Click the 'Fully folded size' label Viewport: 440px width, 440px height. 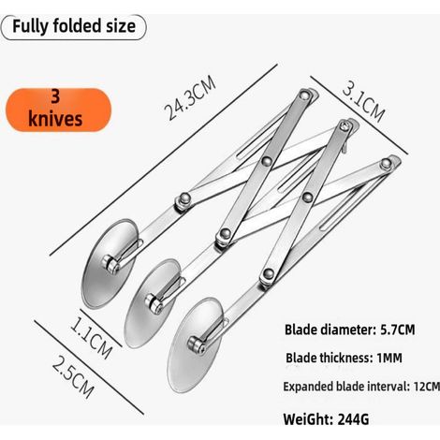click(74, 26)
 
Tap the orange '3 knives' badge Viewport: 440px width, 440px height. click(58, 110)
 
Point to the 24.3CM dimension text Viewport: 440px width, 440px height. click(190, 97)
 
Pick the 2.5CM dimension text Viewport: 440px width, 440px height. click(73, 377)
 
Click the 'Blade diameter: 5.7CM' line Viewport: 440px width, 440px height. click(350, 330)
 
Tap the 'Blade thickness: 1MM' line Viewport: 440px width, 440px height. click(344, 358)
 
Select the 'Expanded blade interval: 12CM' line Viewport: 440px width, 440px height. click(361, 387)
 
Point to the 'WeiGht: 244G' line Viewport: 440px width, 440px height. click(326, 419)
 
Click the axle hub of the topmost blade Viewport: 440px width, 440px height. click(110, 265)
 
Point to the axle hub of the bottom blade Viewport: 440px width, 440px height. click(197, 345)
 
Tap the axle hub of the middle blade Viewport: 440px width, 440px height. click(154, 303)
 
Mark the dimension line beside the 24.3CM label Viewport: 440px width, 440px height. click(164, 160)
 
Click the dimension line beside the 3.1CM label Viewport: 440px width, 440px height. click(359, 114)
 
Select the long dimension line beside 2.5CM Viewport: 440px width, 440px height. click(89, 367)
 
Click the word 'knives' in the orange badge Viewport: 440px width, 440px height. click(55, 119)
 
